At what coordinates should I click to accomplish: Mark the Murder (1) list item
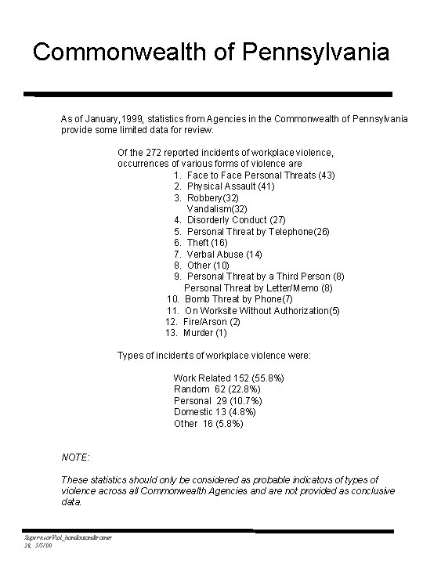[205, 333]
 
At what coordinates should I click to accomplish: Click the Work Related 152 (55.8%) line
[228, 378]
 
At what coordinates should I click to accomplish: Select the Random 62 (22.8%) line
[217, 389]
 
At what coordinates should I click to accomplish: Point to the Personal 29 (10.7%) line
[221, 401]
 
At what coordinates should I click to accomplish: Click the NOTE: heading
[75, 457]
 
